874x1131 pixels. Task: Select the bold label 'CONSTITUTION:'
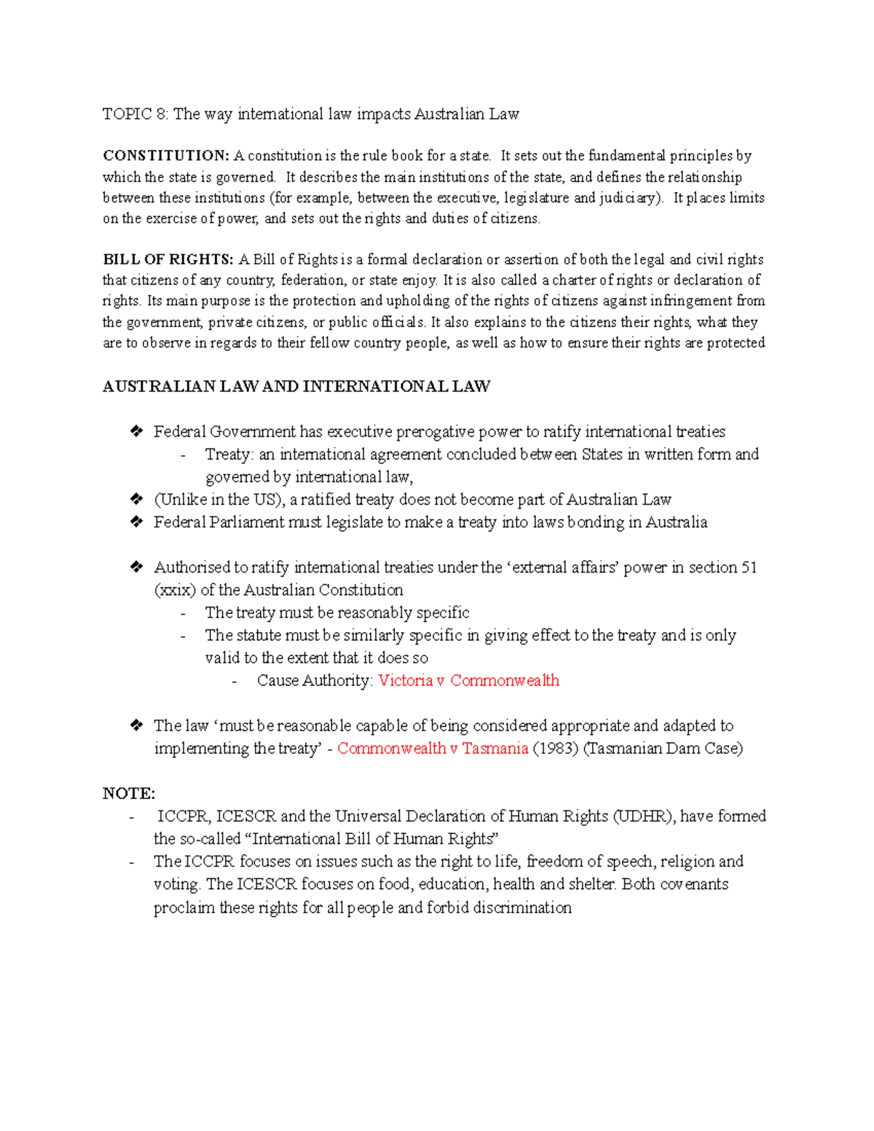pyautogui.click(x=166, y=156)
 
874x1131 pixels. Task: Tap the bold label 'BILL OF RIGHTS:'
pyautogui.click(x=168, y=260)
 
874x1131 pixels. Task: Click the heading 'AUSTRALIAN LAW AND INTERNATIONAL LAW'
pyautogui.click(x=296, y=387)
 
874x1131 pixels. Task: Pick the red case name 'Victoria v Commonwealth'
pyautogui.click(x=469, y=681)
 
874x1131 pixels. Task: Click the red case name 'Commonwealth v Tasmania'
pyautogui.click(x=433, y=749)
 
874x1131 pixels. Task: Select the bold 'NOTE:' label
pyautogui.click(x=129, y=794)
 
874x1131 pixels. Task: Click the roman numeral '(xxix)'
pyautogui.click(x=175, y=591)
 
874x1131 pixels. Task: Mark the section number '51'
pyautogui.click(x=749, y=568)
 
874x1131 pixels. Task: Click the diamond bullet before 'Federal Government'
pyautogui.click(x=136, y=432)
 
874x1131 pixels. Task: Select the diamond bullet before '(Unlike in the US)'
pyautogui.click(x=136, y=500)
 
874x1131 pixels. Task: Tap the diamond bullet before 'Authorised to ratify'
pyautogui.click(x=136, y=567)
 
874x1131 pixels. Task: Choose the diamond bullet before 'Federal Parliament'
pyautogui.click(x=136, y=522)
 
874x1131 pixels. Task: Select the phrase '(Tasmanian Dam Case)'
pyautogui.click(x=663, y=749)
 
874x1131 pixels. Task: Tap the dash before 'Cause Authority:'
pyautogui.click(x=235, y=682)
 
